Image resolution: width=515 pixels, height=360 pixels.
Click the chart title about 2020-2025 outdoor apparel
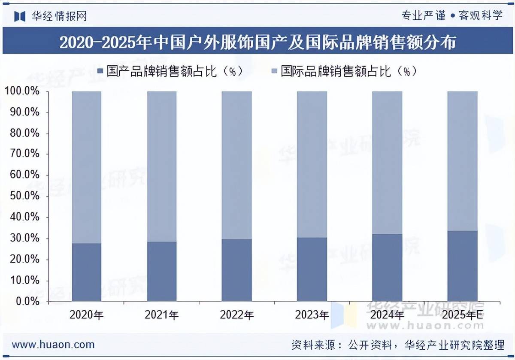coord(257,42)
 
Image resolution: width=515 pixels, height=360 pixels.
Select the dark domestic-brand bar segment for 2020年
coord(87,272)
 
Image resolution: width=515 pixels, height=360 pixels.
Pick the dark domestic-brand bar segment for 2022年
coord(237,270)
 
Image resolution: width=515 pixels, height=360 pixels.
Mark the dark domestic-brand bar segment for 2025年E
coord(463,266)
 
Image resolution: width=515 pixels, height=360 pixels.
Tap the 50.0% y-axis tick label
coord(24,196)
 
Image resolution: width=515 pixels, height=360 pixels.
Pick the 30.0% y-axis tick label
coord(24,238)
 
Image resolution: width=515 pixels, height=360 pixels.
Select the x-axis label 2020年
coord(87,315)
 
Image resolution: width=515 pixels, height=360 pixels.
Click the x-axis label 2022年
coord(237,315)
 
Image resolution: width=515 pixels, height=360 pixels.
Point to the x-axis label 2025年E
coord(463,315)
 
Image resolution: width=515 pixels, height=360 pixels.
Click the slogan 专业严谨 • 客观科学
coord(451,16)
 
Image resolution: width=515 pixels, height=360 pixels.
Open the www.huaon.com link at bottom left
coord(53,345)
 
